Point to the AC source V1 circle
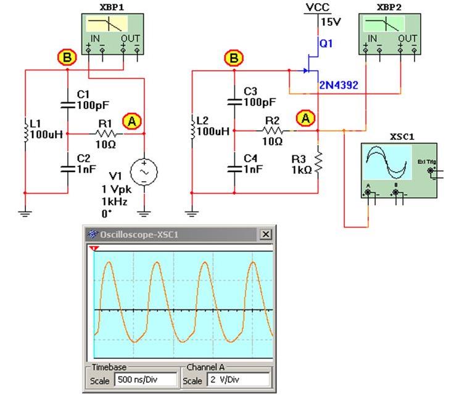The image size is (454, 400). click(x=144, y=173)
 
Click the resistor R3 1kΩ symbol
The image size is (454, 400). click(x=318, y=161)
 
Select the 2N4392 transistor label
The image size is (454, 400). click(x=339, y=86)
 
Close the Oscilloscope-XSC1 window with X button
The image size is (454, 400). click(x=266, y=235)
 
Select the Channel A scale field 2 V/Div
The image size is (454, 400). click(x=239, y=380)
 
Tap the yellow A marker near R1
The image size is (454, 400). click(x=131, y=121)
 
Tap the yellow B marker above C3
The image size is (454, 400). click(x=233, y=59)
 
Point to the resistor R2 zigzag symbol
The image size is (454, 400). click(x=273, y=131)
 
